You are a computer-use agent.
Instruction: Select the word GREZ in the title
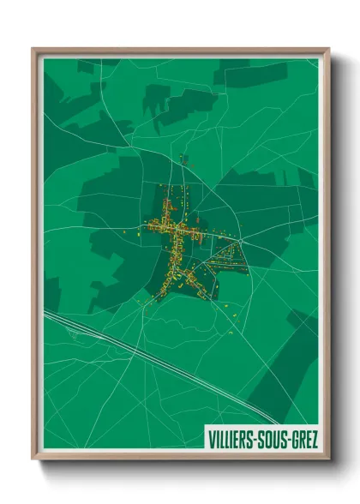[305, 440]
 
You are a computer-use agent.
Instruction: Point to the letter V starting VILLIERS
[210, 440]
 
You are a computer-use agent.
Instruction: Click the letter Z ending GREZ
[315, 440]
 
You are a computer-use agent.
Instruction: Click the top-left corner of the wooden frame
[33, 49]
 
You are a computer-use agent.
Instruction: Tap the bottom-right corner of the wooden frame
[329, 459]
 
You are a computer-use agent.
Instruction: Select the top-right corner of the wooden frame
[329, 49]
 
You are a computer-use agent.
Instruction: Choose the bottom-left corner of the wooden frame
[33, 459]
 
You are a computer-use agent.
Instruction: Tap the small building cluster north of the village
[183, 159]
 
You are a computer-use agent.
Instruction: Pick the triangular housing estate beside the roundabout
[223, 257]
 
